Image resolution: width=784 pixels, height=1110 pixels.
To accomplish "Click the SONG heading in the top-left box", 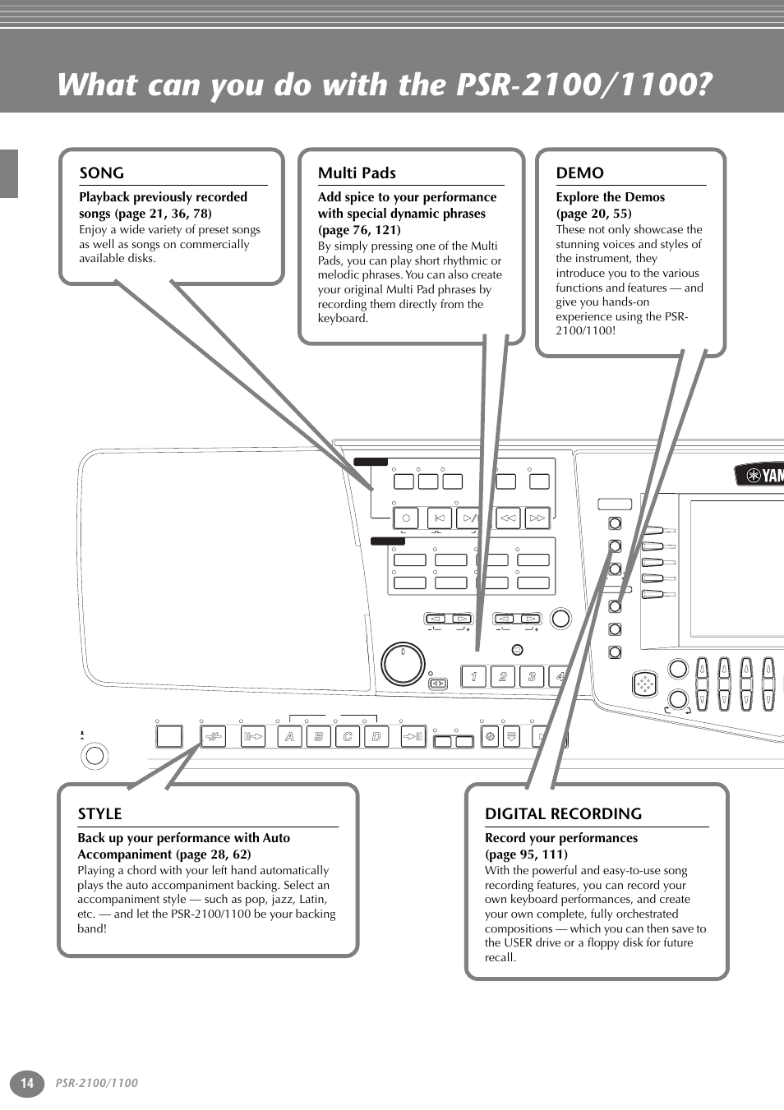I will click(x=101, y=173).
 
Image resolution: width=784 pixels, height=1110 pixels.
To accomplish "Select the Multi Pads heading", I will click(x=357, y=173).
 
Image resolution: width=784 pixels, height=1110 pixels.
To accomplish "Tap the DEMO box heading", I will click(x=579, y=173).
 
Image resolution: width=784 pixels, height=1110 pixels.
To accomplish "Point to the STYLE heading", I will click(x=99, y=814).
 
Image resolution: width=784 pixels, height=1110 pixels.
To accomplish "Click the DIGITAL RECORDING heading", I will click(x=563, y=814).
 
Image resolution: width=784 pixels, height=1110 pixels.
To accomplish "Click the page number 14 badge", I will click(x=27, y=1083).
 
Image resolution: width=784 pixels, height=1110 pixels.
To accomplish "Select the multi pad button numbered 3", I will click(x=532, y=676).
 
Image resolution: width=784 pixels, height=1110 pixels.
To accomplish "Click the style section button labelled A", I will click(x=289, y=736).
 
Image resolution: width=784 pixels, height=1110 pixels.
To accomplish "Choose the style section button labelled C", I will click(x=348, y=736).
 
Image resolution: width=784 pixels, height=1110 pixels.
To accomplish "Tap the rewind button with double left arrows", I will click(x=508, y=518).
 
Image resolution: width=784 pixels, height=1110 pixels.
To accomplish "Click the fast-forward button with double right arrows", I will click(x=537, y=518).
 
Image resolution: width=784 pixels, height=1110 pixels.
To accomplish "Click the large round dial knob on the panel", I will click(x=404, y=664).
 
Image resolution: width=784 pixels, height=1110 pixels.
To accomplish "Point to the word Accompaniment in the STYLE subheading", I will click(x=124, y=854).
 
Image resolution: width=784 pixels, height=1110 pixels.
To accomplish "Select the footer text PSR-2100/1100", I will click(x=97, y=1083).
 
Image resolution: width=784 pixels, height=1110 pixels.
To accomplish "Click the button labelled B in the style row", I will click(x=319, y=736).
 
